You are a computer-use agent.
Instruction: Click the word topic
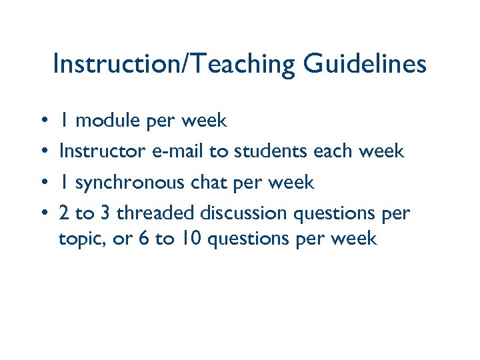78,239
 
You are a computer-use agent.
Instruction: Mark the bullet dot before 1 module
42,122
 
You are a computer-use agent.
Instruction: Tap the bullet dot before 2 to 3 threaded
42,214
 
